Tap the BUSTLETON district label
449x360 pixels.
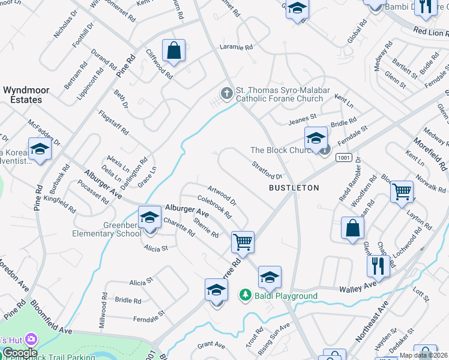(293, 188)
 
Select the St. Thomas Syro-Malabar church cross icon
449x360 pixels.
(226, 93)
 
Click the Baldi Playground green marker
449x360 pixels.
(245, 295)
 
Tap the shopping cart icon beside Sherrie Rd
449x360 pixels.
(243, 242)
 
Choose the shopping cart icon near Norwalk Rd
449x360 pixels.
(402, 192)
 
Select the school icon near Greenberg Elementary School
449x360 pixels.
(149, 218)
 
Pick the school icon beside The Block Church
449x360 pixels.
(315, 139)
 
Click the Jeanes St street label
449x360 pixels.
(302, 119)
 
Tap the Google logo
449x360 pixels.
(19, 353)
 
